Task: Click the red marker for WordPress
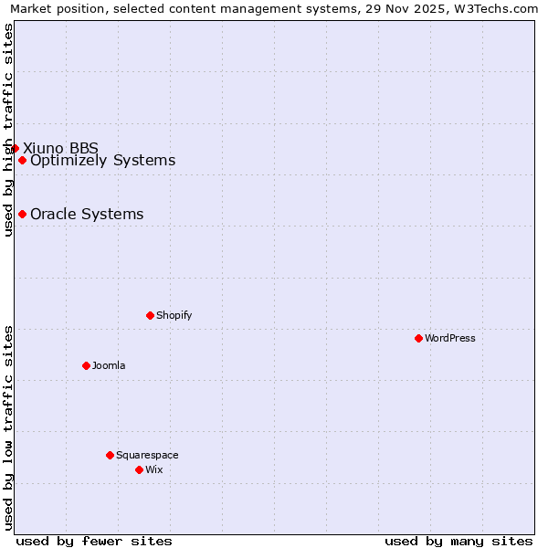(418, 338)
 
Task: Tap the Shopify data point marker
(150, 315)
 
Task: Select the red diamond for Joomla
(86, 365)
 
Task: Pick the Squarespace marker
(110, 455)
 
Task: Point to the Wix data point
(139, 469)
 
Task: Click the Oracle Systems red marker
(22, 215)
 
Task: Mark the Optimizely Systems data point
(22, 161)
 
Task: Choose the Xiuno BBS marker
(15, 148)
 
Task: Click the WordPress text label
(450, 338)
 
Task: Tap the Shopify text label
(174, 315)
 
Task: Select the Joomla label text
(109, 365)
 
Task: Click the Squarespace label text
(147, 455)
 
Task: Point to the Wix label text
(153, 469)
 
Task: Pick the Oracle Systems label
(87, 215)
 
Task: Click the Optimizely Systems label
(102, 161)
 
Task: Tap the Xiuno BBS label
(60, 148)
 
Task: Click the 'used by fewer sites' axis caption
(94, 541)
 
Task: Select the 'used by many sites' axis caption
(458, 541)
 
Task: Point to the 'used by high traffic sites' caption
(9, 130)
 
